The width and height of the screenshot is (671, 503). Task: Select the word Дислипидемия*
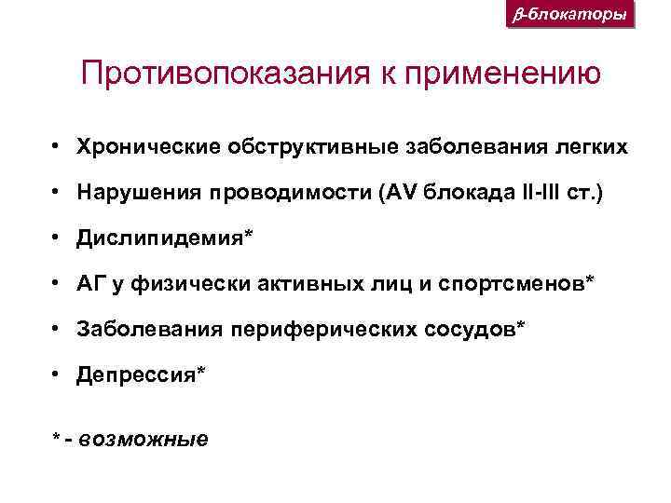point(164,238)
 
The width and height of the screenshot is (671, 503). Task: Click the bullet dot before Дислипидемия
point(58,238)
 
